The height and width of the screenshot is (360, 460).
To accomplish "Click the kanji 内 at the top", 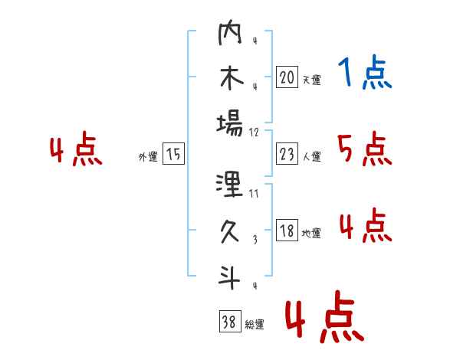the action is (230, 32).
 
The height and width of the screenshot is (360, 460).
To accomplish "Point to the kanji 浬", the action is (229, 185).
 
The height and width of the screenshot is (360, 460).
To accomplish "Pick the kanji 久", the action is (230, 231).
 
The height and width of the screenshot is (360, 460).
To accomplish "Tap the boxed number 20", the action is (287, 77).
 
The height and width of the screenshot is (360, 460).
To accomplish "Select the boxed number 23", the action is (287, 154).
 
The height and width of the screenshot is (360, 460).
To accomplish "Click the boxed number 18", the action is (287, 230).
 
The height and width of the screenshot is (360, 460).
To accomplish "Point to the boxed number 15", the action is (173, 154).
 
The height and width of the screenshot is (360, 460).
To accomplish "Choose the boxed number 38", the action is (230, 321).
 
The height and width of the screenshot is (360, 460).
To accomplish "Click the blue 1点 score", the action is (365, 72).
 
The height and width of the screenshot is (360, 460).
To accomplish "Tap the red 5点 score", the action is (365, 149).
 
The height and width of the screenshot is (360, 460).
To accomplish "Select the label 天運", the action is (312, 80).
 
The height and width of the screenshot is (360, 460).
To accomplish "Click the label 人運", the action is (312, 156).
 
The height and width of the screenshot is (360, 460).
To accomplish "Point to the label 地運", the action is (311, 233).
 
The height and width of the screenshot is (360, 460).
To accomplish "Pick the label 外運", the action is (148, 156).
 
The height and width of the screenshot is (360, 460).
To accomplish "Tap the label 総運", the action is (255, 324).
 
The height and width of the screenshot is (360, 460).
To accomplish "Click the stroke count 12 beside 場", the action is (254, 133).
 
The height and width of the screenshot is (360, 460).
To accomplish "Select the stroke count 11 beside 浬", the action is (254, 194).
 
